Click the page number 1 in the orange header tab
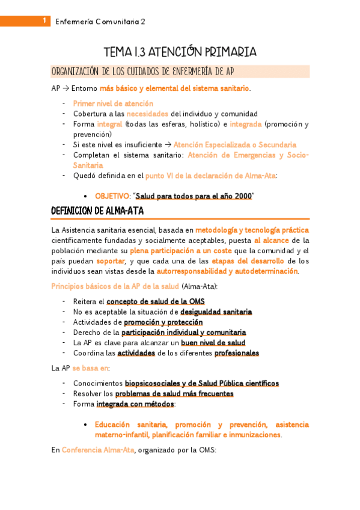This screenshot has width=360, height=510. pos(44,22)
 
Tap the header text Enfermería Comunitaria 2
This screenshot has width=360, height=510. pos(100,22)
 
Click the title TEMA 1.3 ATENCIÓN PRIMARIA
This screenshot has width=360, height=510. pos(180,52)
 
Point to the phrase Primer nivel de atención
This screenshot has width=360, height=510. pos(113,103)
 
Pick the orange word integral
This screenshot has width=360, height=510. pos(109,124)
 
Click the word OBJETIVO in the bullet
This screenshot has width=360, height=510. pos(112,196)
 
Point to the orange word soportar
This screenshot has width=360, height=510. pos(109,261)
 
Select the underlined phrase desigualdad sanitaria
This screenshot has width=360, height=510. pos(216,312)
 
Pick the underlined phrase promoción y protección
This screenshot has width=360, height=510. pos(163,322)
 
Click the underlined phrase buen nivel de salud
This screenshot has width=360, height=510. pos(213,343)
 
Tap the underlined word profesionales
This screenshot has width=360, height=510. pos(236,353)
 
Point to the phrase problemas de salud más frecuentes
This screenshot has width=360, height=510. pos(174,394)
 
